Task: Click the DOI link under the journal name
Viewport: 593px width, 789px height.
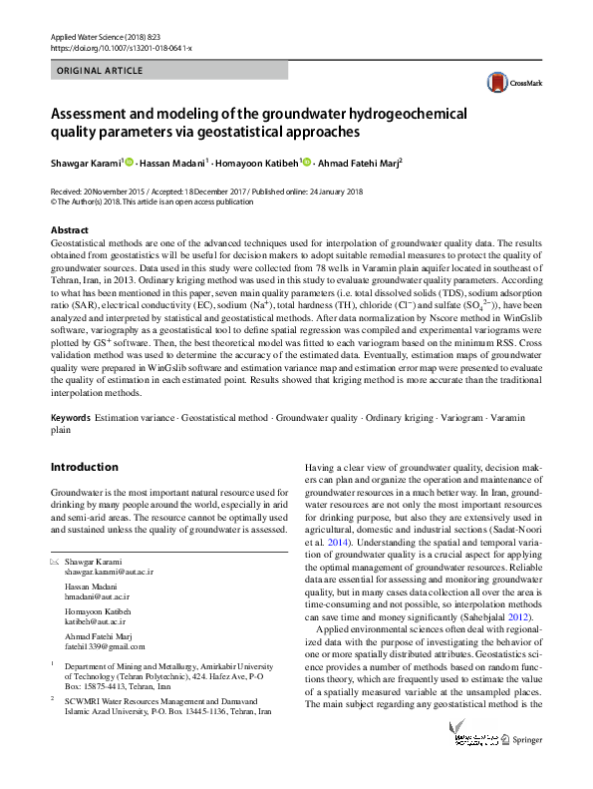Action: tap(108, 47)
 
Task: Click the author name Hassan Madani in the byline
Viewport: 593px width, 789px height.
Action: tap(174, 163)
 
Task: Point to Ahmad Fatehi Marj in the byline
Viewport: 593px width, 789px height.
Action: tap(361, 163)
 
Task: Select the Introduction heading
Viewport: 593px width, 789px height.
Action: tap(84, 467)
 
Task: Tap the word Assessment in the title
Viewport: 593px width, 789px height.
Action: tap(95, 114)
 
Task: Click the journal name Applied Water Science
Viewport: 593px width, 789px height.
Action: tap(88, 36)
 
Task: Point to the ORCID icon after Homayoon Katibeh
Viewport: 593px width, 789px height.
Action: tap(307, 163)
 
